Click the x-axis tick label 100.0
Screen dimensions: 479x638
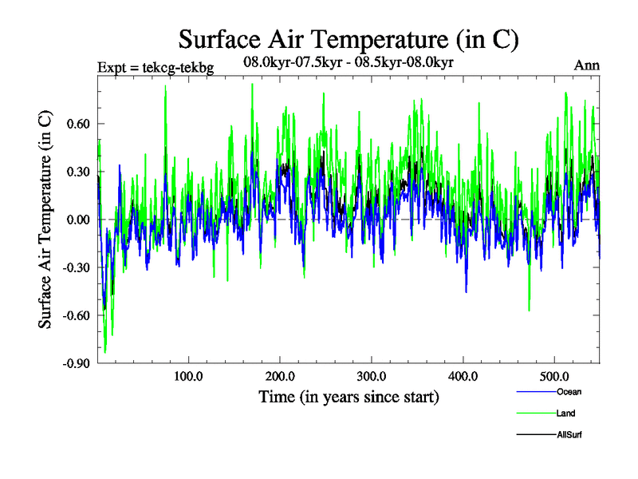click(187, 375)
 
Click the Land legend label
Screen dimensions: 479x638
click(564, 414)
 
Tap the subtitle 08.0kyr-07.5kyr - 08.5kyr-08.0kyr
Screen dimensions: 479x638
click(348, 61)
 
